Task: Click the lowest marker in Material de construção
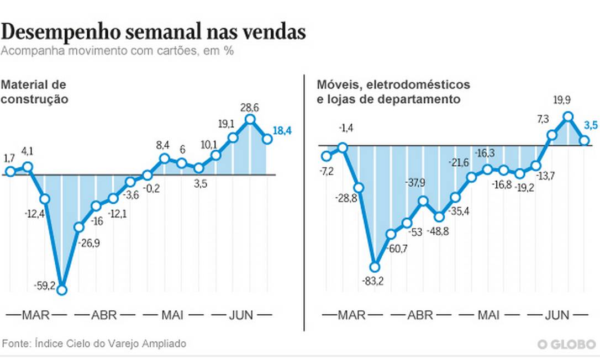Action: point(62,290)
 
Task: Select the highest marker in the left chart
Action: point(250,119)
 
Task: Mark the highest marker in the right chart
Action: point(567,117)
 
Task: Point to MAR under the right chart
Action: point(352,315)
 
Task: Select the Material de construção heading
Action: point(34,92)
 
